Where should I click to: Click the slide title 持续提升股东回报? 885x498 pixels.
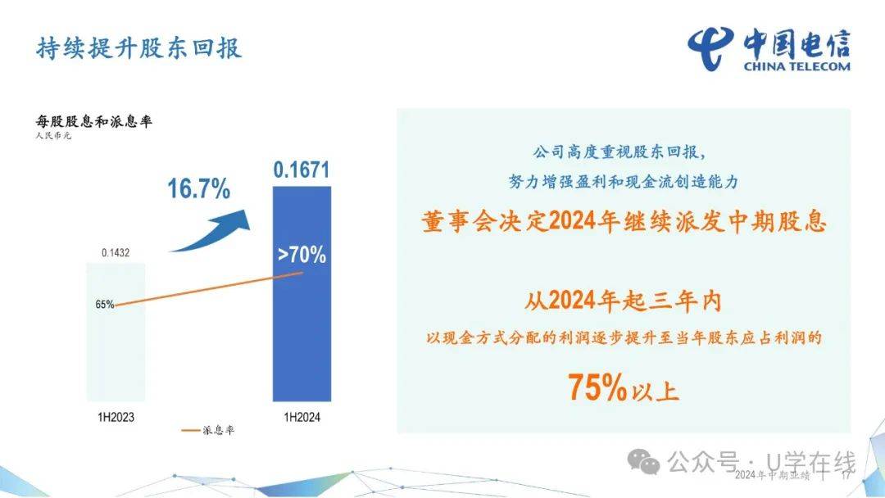[x=138, y=48]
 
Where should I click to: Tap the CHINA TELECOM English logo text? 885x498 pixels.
[x=796, y=66]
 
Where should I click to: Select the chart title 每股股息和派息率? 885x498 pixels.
[x=93, y=121]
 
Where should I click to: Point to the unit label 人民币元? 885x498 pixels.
[x=53, y=136]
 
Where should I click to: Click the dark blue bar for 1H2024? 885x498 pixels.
[x=302, y=294]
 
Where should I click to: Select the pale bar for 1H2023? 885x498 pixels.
[x=116, y=333]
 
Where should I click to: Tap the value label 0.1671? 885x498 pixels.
[x=302, y=170]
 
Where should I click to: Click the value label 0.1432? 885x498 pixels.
[x=116, y=252]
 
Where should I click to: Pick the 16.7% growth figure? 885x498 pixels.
[x=198, y=188]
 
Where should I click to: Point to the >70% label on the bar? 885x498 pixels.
[x=302, y=255]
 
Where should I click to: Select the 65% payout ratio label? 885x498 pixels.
[x=104, y=305]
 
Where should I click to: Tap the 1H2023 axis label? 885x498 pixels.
[x=116, y=418]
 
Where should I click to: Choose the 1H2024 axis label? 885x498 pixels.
[x=302, y=418]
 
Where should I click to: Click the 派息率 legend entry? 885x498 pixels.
[x=207, y=430]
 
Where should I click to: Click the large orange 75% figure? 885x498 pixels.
[x=597, y=387]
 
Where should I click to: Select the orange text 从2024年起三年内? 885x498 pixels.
[x=623, y=301]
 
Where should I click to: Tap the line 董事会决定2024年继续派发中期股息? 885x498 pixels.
[x=624, y=221]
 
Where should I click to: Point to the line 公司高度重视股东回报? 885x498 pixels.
[x=619, y=152]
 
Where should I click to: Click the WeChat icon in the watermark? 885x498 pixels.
[x=643, y=461]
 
